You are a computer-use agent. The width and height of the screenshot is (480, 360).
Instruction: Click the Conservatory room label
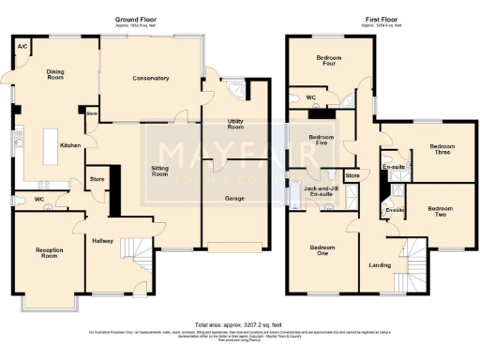coord(151,78)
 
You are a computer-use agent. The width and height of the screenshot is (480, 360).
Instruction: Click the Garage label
coord(234,199)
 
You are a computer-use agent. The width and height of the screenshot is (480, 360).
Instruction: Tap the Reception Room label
coord(49,253)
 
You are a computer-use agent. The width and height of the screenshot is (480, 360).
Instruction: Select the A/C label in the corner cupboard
coord(22,46)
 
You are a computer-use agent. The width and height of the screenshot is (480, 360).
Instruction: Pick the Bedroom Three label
coord(442,150)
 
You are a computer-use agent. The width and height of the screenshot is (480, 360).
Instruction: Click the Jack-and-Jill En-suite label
coord(322,193)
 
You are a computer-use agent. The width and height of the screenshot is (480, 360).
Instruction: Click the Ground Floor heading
coord(136,20)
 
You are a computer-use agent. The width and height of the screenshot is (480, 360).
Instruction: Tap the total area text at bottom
coord(238,321)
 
